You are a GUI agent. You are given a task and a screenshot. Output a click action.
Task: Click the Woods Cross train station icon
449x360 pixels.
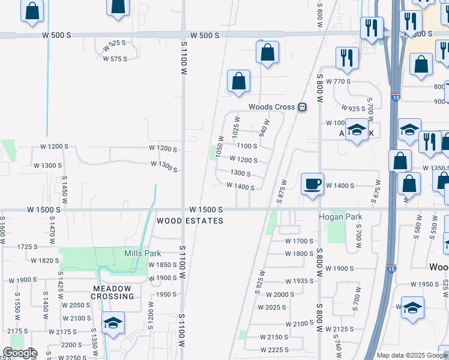click(x=303, y=107)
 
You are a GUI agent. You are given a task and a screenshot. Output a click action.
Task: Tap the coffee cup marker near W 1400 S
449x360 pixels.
click(x=312, y=184)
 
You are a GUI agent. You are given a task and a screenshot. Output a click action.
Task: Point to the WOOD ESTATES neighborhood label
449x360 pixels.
click(x=190, y=221)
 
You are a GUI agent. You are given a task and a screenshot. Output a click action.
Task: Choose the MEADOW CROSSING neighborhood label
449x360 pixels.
click(x=112, y=292)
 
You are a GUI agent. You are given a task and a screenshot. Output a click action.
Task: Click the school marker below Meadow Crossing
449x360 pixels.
click(x=112, y=323)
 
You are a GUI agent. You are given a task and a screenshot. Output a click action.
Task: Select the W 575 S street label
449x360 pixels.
click(x=115, y=59)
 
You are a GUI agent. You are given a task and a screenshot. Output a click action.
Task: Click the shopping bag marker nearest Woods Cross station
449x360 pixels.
click(x=239, y=81)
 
